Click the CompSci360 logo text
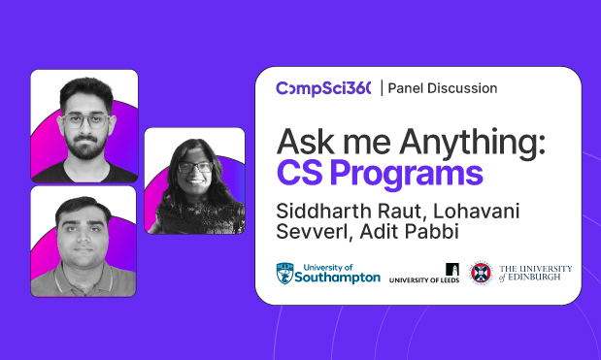[323, 88]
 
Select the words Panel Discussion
[443, 88]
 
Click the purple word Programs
[419, 175]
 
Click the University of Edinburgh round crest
[481, 273]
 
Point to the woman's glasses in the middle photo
[195, 167]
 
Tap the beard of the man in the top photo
[84, 147]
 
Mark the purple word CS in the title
[300, 175]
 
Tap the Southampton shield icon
[285, 272]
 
